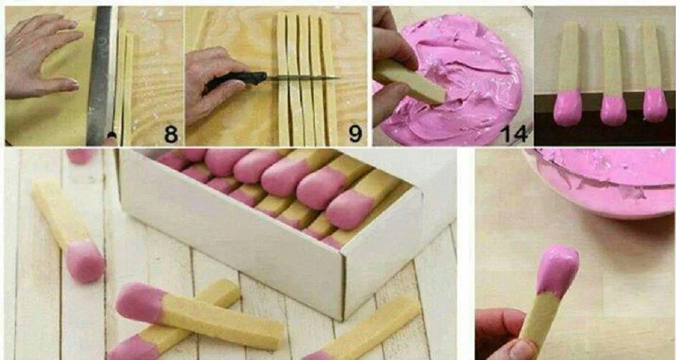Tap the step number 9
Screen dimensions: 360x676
tap(354, 133)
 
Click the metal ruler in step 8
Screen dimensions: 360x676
tap(100, 72)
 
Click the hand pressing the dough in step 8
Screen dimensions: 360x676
tap(39, 54)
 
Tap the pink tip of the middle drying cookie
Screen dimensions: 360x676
tap(613, 109)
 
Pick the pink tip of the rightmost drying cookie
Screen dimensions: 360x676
tap(654, 105)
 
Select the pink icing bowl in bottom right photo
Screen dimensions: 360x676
tap(602, 183)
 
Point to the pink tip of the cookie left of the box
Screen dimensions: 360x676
tap(85, 261)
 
